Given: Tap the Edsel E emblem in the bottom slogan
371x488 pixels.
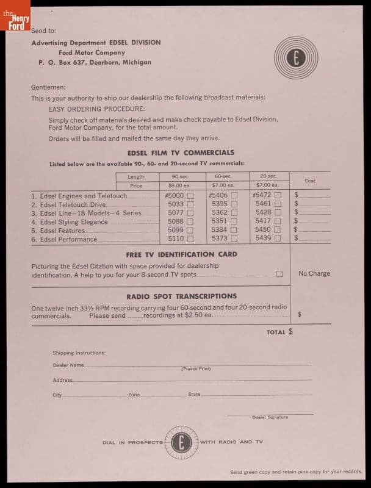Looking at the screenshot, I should [181, 441].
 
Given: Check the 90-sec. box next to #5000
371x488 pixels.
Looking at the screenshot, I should [190, 196].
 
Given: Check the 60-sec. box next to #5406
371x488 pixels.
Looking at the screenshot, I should [234, 196].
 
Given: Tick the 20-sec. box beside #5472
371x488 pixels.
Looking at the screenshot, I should [278, 196].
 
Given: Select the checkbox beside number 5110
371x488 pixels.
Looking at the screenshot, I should [190, 239].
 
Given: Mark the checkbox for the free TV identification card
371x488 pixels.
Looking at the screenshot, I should [279, 274].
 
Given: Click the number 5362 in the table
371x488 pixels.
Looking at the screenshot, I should [220, 213].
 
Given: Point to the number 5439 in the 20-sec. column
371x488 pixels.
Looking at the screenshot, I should [263, 239].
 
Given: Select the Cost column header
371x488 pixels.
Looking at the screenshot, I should [310, 181].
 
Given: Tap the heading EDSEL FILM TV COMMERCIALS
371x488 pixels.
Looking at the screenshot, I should [181, 152].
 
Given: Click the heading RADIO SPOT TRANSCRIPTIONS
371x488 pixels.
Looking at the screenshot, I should [181, 296].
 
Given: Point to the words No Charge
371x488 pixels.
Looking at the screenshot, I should [314, 274].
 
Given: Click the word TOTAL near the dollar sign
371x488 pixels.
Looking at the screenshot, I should [276, 332].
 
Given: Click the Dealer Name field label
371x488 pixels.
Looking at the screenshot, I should [68, 365].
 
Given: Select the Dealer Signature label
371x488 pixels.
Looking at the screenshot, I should [270, 417].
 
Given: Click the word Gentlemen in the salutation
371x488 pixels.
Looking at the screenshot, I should [48, 87].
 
